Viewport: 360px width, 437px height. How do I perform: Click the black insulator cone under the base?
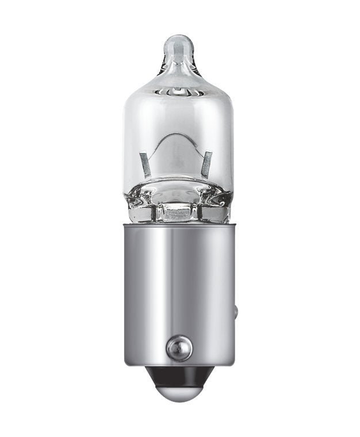point(179,377)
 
